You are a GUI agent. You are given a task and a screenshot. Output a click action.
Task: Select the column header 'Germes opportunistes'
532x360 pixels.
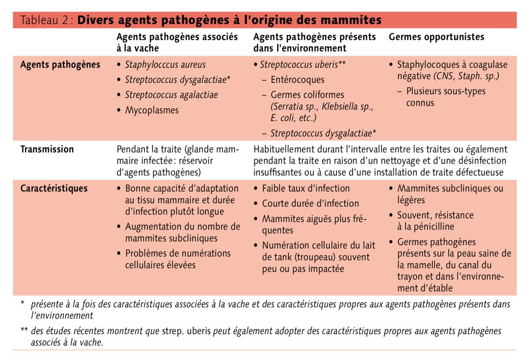[x=436, y=37]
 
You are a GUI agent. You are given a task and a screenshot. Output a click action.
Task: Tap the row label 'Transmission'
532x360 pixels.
[x=47, y=149]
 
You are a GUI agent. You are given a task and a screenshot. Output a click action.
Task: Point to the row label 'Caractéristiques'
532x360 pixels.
[x=54, y=188]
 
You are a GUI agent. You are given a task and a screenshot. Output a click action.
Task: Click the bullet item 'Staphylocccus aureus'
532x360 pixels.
[x=165, y=65]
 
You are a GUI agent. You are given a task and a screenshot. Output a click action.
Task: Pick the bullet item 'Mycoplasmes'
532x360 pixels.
[x=152, y=110]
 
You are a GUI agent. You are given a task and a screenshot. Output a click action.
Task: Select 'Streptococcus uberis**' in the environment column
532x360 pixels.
[x=303, y=65]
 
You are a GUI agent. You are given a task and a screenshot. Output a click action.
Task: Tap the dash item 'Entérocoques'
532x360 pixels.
[x=298, y=80]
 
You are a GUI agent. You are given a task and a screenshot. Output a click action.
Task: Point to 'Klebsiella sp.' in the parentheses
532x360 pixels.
[x=348, y=107]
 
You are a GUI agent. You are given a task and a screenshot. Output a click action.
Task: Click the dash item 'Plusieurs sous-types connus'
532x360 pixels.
[x=445, y=97]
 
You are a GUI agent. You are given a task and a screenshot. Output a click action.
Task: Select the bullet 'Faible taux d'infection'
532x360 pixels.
[x=306, y=188]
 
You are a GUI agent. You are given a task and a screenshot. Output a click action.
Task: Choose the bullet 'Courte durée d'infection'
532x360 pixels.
[x=310, y=203]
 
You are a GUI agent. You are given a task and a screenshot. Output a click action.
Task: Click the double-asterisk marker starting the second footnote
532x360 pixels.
[x=24, y=331]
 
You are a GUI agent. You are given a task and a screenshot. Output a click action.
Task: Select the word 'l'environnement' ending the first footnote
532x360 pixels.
[x=62, y=316]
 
